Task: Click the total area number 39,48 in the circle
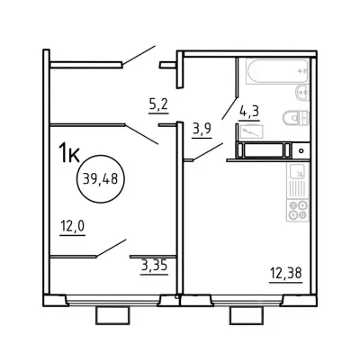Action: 100,179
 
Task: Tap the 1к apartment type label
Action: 69,153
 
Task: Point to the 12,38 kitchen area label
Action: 285,274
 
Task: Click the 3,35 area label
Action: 154,266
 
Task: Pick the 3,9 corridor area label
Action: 202,130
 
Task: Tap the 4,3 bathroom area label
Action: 249,112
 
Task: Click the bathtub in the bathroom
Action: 277,71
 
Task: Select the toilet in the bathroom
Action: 296,118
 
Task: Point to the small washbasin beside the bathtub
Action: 302,93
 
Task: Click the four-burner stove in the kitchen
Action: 298,210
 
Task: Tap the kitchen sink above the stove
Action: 298,181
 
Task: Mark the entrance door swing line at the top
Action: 139,55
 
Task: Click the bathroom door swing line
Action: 229,108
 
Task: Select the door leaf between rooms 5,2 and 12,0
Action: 141,134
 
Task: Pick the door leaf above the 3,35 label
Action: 111,248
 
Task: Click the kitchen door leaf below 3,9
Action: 208,151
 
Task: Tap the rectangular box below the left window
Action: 113,315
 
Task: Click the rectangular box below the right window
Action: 247,315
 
